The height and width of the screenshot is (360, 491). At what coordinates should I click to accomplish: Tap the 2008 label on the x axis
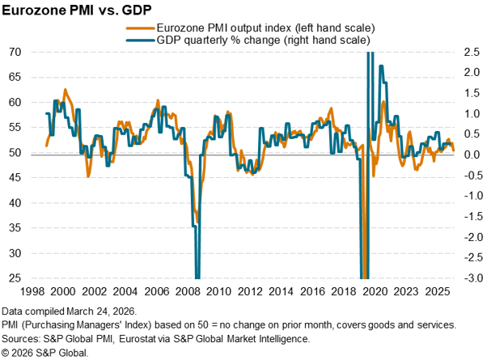184,291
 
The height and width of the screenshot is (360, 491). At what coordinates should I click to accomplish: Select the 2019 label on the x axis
350,291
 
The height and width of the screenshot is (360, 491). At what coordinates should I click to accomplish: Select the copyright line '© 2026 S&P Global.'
45,353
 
